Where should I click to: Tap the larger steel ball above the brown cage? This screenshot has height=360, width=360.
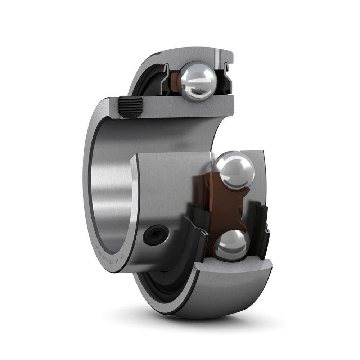233,170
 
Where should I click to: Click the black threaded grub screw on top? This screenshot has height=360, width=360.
129,107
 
